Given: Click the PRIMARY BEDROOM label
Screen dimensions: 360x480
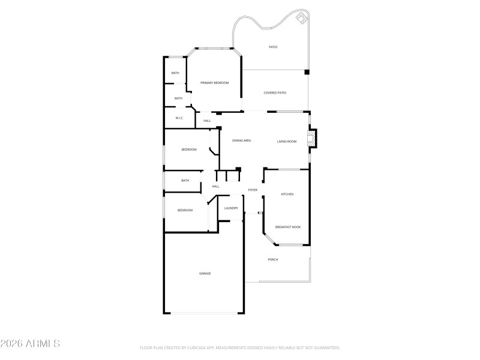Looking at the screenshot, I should tap(214, 82).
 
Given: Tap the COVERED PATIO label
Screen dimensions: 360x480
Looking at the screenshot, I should tap(275, 93).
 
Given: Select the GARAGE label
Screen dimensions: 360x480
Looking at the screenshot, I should tap(205, 274).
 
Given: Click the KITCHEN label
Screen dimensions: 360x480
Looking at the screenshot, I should tap(287, 194).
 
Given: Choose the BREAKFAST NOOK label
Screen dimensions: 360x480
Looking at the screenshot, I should tap(288, 227).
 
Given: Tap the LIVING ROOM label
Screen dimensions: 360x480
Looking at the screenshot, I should tap(287, 141).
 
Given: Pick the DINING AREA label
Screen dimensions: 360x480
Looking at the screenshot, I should tap(241, 140).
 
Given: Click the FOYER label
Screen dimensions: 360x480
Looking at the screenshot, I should tap(253, 190).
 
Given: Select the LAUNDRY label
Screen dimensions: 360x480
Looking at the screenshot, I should tap(231, 208).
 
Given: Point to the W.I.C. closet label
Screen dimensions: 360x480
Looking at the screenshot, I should tap(179, 118).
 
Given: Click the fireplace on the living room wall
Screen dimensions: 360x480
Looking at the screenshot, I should tap(311, 139).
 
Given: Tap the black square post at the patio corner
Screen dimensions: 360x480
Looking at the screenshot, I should tap(307, 72).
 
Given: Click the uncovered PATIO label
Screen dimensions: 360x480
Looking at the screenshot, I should tap(273, 47).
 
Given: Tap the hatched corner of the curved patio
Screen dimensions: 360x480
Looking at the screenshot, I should tap(301, 19).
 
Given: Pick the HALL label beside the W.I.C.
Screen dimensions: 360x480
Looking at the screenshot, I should tap(207, 121).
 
